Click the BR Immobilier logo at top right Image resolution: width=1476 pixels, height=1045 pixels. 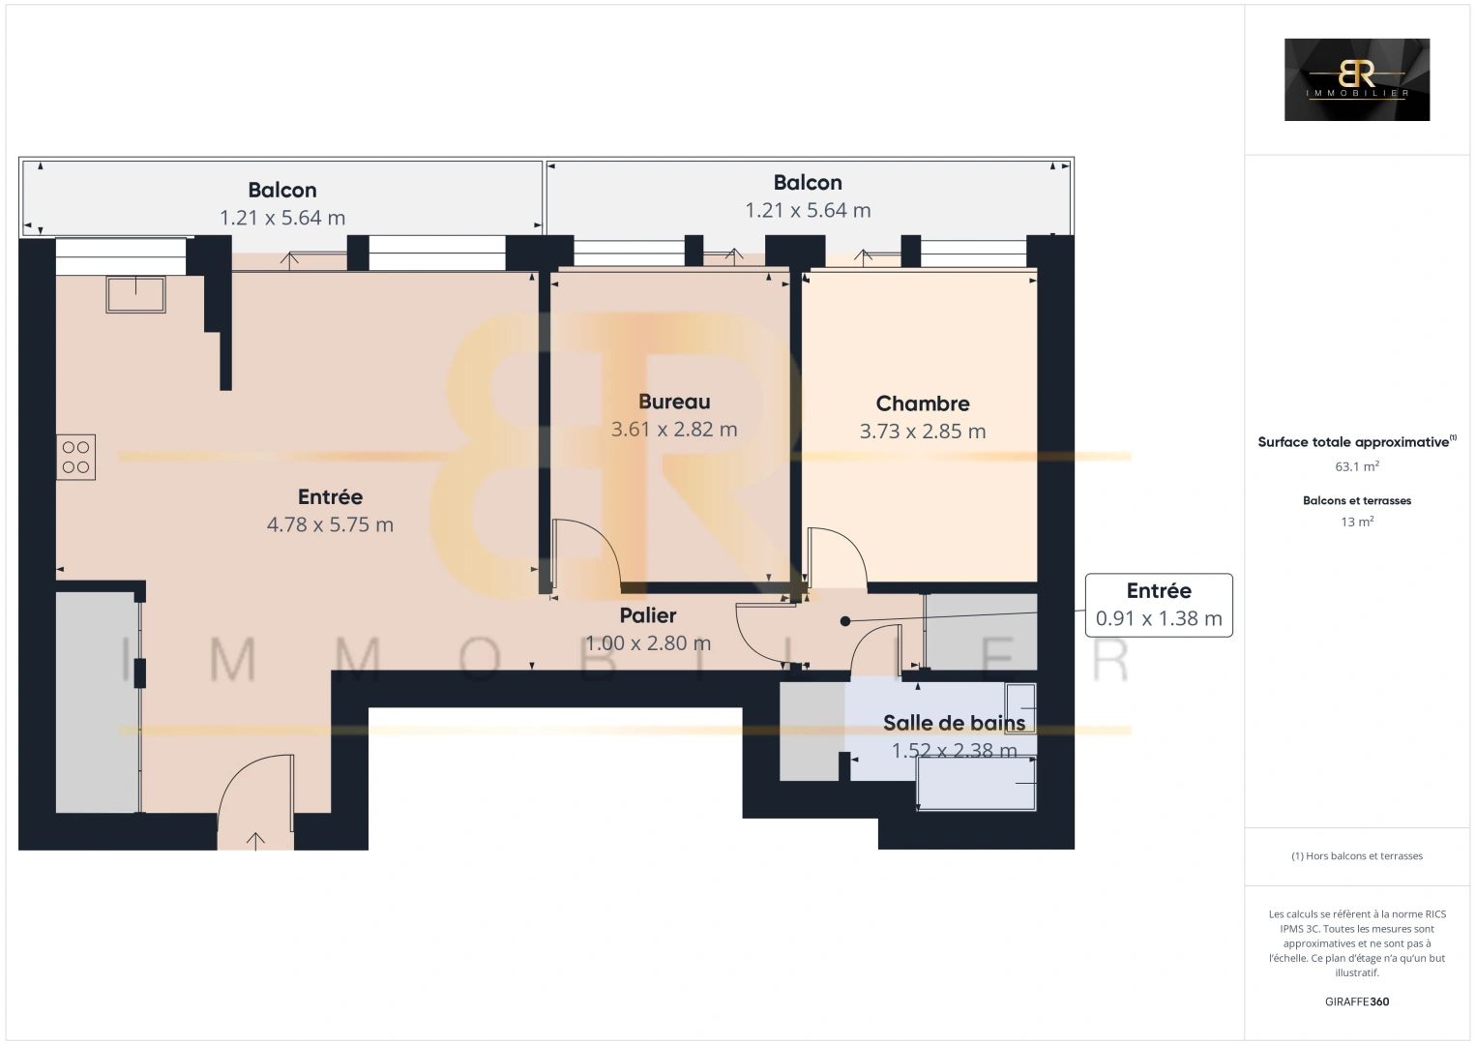tap(1356, 79)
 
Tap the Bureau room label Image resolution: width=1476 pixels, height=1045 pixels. tap(674, 402)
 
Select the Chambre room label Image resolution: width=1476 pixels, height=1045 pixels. tap(922, 403)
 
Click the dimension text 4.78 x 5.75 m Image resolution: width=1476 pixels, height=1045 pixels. tap(330, 524)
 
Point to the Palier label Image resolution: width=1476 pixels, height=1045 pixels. tap(648, 615)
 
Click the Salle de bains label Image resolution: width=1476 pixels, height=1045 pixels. tap(954, 723)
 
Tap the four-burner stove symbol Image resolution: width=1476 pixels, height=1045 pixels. tap(75, 457)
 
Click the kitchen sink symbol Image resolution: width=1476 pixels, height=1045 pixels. tap(135, 294)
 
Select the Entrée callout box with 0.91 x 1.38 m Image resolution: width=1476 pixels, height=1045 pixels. tap(1159, 605)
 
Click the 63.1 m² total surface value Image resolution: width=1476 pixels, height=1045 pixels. tap(1356, 466)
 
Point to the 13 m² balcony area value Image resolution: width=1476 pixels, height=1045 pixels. tap(1356, 522)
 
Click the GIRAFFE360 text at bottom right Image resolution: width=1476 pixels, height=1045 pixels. tap(1356, 1001)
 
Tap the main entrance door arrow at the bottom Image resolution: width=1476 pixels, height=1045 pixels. tap(255, 840)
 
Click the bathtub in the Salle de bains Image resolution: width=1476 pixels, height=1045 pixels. tap(977, 782)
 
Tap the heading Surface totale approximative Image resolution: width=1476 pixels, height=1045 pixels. tap(1356, 442)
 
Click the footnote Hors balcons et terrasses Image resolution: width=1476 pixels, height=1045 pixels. tap(1356, 856)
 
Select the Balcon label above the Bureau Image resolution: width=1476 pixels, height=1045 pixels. tap(808, 183)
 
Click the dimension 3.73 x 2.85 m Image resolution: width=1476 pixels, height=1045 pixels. tap(922, 432)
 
